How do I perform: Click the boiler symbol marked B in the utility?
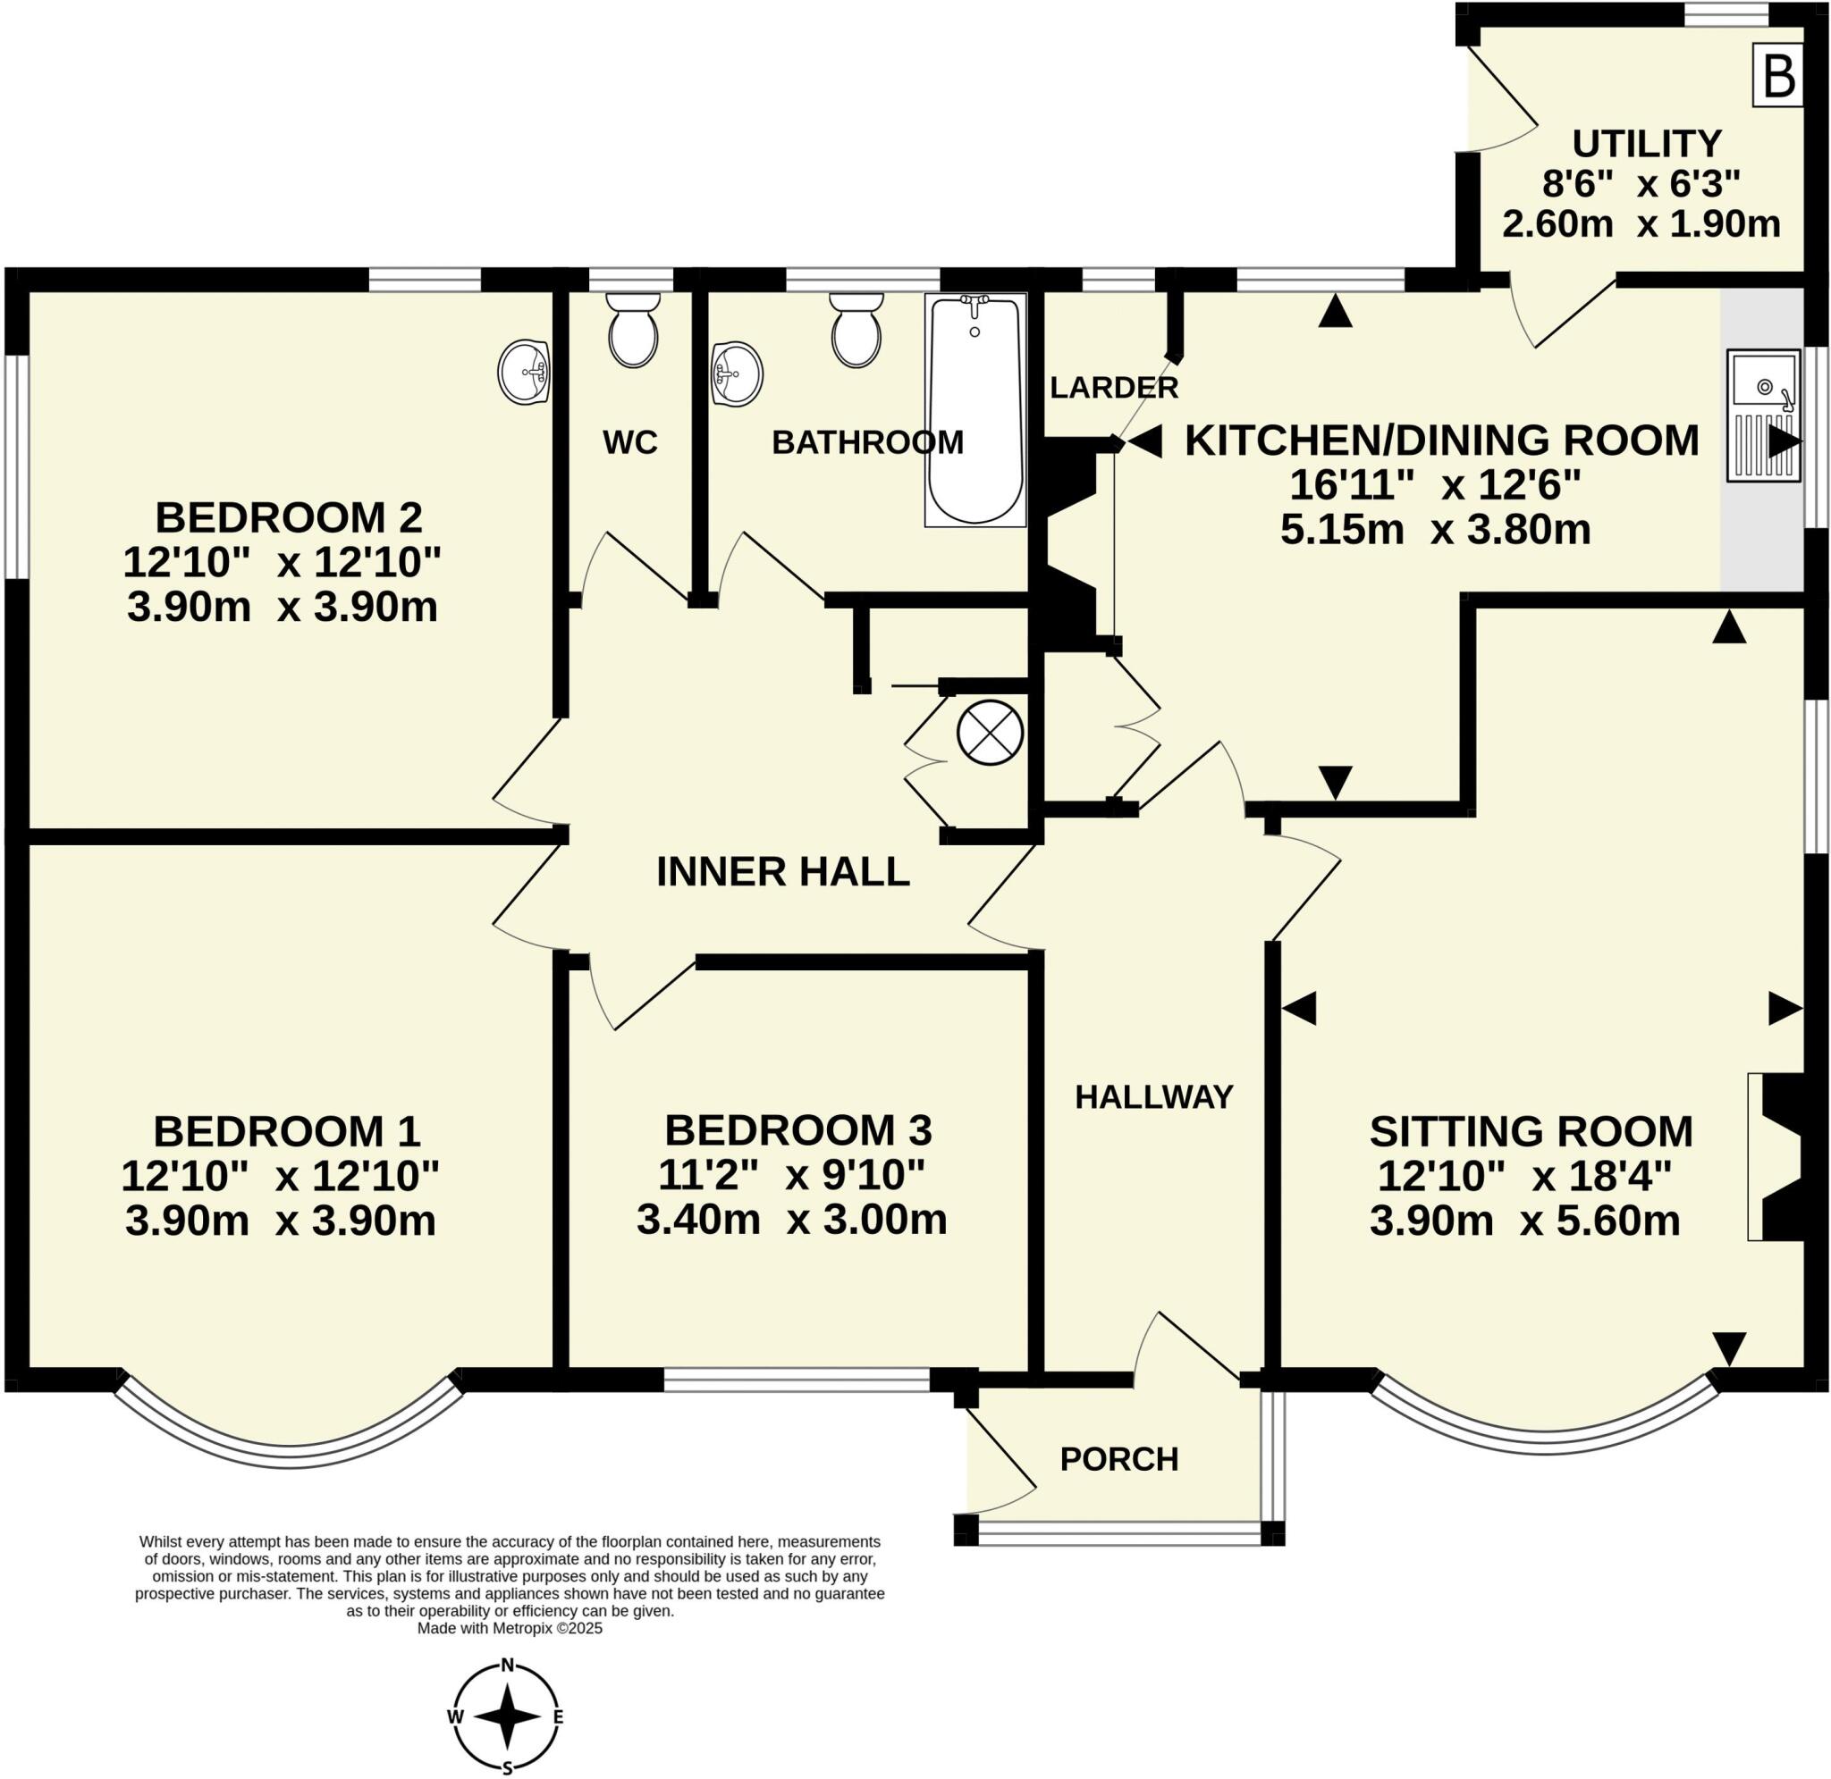pyautogui.click(x=1777, y=78)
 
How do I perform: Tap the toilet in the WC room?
pyautogui.click(x=633, y=329)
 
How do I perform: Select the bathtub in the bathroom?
pyautogui.click(x=975, y=409)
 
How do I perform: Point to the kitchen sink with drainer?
pyautogui.click(x=1763, y=415)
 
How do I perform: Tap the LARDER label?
pyautogui.click(x=1113, y=387)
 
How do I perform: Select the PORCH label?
pyautogui.click(x=1118, y=1458)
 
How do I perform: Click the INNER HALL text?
pyautogui.click(x=782, y=872)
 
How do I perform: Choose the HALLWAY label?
pyautogui.click(x=1153, y=1097)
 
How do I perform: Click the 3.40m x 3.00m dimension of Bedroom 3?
pyautogui.click(x=791, y=1221)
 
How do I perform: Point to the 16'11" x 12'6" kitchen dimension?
pyautogui.click(x=1435, y=485)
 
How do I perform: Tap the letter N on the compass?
pyautogui.click(x=508, y=1664)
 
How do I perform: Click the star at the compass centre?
pyautogui.click(x=508, y=1716)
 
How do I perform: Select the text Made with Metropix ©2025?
pyautogui.click(x=510, y=1628)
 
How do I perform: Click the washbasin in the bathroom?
pyautogui.click(x=737, y=373)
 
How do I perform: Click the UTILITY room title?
pyautogui.click(x=1646, y=144)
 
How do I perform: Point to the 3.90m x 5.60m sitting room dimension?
pyautogui.click(x=1524, y=1221)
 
